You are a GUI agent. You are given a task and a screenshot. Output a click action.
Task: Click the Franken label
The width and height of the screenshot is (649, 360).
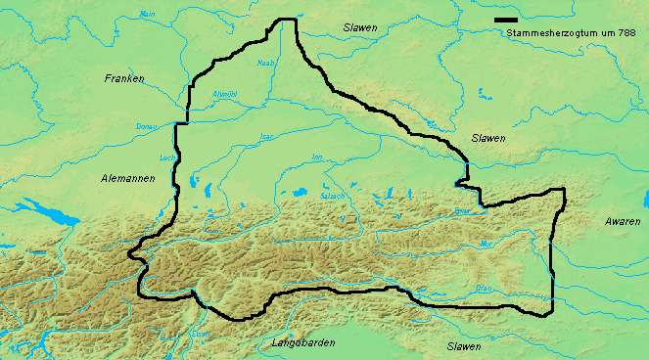(x=124, y=77)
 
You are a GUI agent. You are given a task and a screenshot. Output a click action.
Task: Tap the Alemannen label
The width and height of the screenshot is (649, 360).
(x=125, y=179)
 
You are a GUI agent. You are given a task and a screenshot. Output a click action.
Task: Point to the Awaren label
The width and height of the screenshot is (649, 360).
(x=623, y=223)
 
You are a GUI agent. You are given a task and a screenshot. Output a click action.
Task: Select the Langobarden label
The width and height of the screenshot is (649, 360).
(x=301, y=343)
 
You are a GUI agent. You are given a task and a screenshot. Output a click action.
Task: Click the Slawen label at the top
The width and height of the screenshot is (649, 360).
(x=360, y=28)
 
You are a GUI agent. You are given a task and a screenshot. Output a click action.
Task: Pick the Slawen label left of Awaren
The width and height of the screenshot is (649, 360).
(x=487, y=138)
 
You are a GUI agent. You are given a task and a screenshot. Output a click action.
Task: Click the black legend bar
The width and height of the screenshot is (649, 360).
(x=506, y=20)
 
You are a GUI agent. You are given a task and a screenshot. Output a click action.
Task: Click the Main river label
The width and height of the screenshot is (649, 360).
(x=148, y=15)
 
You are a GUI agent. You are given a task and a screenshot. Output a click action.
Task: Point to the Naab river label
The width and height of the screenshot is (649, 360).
(x=264, y=64)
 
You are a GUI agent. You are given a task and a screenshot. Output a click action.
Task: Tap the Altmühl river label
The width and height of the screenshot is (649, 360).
(x=225, y=94)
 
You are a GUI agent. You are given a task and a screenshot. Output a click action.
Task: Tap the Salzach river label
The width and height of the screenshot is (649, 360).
(x=332, y=197)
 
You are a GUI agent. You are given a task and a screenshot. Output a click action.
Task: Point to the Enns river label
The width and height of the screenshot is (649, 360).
(x=463, y=211)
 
